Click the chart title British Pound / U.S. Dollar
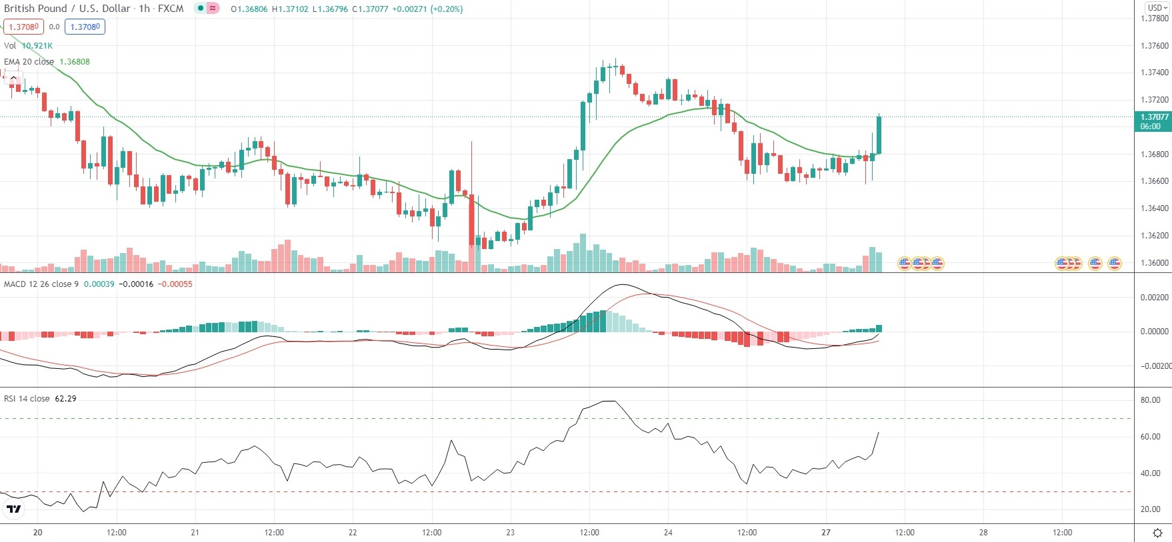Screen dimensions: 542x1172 (67, 9)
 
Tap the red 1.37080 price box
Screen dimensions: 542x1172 (23, 27)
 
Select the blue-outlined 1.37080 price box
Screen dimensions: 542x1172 (85, 27)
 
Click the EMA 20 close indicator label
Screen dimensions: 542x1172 (29, 61)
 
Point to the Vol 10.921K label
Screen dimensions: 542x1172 (28, 45)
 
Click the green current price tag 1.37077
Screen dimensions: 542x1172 (1153, 121)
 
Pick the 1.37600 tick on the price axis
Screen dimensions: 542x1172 (1154, 46)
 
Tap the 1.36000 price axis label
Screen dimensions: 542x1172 (1154, 263)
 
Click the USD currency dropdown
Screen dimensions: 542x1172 (1157, 8)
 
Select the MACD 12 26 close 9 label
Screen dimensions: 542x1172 (41, 284)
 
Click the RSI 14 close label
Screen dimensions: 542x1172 (27, 399)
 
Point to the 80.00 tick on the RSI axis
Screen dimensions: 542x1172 (1151, 400)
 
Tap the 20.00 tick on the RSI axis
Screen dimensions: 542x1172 (1151, 509)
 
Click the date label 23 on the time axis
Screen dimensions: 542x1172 (510, 533)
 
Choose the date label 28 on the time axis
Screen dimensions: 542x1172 (983, 533)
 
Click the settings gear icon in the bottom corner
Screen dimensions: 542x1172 (1157, 533)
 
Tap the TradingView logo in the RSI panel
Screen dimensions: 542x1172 (13, 509)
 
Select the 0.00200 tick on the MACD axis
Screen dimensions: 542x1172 (1154, 298)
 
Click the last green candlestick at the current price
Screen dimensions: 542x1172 (879, 135)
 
